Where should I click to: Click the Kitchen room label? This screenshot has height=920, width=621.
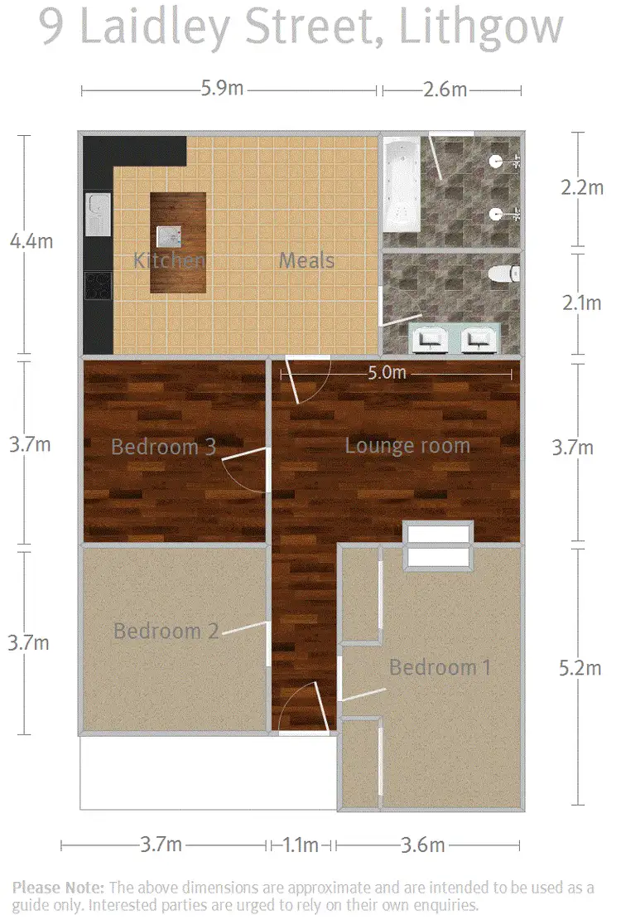169,260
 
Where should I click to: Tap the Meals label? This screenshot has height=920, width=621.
306,260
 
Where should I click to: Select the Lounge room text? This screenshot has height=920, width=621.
407,446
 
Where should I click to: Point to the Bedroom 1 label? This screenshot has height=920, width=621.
445,667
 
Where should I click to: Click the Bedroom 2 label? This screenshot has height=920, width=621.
166,631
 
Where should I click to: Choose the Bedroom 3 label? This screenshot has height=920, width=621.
163,448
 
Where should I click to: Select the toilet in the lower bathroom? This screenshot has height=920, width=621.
503,273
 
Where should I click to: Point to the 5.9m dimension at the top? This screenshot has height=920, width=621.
222,89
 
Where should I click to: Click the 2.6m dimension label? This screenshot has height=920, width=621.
445,89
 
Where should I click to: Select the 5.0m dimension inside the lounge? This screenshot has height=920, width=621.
387,373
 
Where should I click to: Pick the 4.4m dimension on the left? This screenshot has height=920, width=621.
30,241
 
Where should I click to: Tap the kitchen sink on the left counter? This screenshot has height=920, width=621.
98,214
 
